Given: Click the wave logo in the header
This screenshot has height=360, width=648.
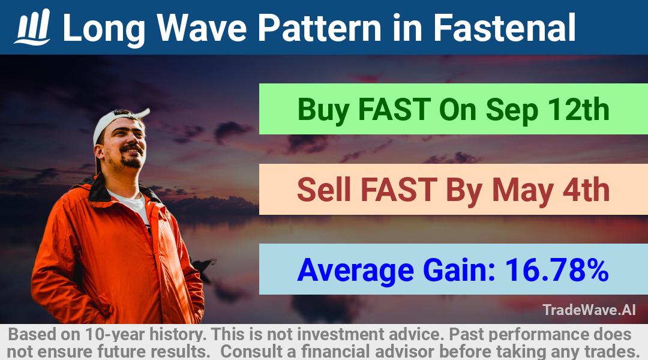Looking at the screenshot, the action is click(x=32, y=27).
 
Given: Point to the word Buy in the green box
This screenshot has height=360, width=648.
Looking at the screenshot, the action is click(x=323, y=110).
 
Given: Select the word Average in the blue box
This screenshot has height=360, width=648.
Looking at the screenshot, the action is click(x=355, y=271).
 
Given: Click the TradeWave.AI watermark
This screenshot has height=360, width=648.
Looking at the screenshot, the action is click(x=589, y=310).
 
